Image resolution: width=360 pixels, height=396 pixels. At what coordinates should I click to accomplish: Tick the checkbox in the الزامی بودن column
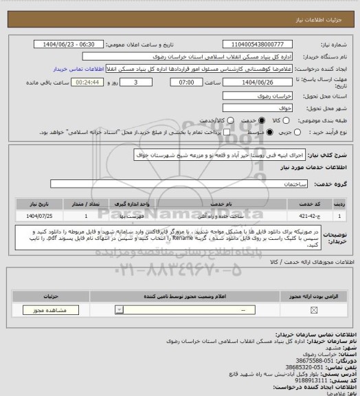click(x=313, y=311)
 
